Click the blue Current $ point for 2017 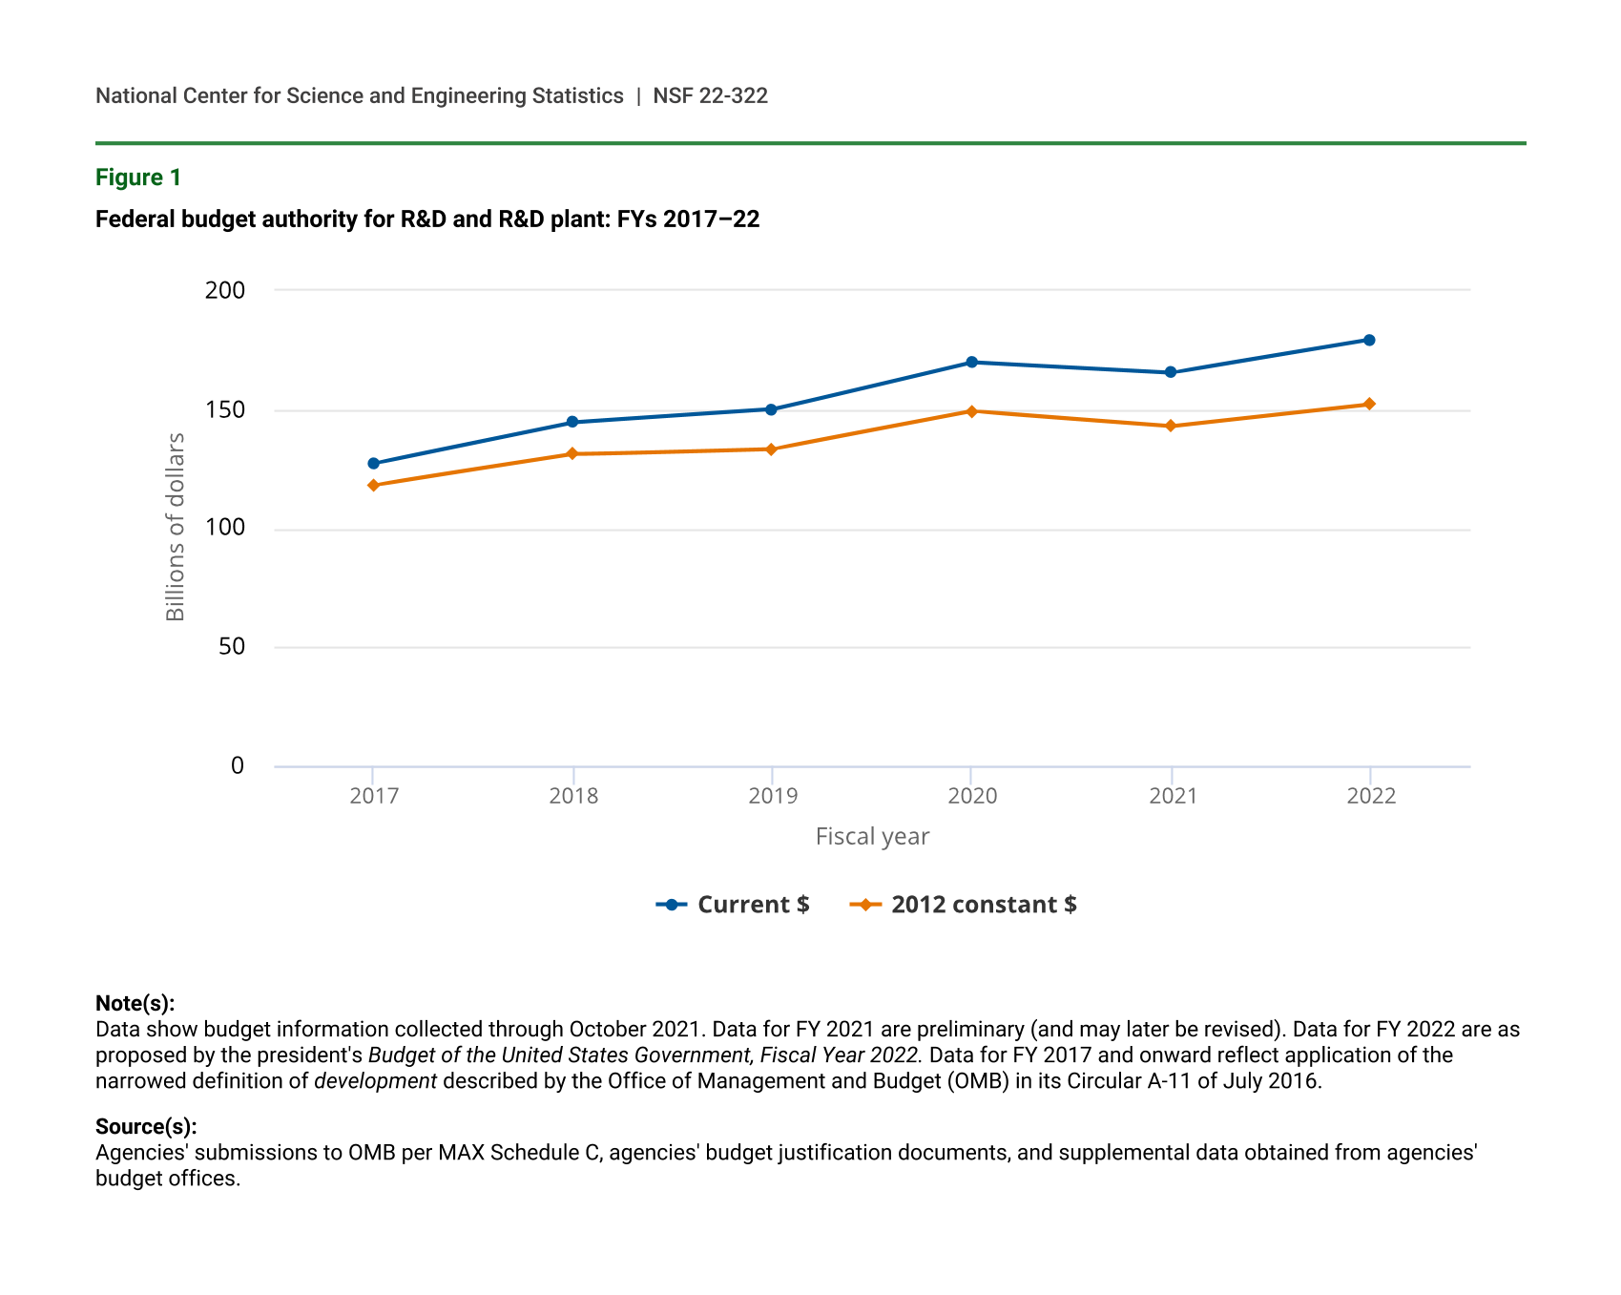373,464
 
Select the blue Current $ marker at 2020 971,363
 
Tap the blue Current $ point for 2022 1369,341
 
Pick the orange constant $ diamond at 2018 572,454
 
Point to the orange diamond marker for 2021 1171,427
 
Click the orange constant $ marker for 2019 771,449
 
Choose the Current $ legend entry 734,905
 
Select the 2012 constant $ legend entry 964,905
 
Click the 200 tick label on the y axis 225,290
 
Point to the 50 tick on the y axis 232,647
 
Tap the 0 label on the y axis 238,765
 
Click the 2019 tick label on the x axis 773,796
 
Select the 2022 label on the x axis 1371,796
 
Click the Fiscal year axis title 872,837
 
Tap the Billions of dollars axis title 176,527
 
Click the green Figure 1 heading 138,178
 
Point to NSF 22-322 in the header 710,96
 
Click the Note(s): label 135,1003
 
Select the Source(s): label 146,1126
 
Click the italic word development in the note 375,1081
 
